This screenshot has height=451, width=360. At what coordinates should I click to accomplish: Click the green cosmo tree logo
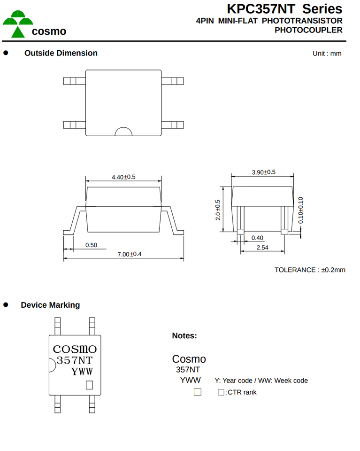point(18,24)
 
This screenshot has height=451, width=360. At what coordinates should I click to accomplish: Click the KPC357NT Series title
point(284,9)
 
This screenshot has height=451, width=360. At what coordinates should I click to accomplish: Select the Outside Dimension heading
point(61,53)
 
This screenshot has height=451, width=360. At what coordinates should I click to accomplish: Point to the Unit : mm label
point(327,54)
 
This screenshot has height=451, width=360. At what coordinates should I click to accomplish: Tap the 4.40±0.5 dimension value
point(123,177)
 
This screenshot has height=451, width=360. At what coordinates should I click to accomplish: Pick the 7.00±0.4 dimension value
point(129,254)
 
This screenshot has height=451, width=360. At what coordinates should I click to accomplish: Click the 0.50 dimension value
point(91,245)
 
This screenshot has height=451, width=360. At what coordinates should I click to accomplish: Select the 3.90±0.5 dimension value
point(263,172)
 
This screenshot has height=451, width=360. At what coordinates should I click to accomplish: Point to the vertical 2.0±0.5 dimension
point(218,210)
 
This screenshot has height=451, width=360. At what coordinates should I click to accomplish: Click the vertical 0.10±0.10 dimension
point(300,210)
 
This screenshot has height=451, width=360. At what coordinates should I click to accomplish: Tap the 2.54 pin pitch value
point(262,248)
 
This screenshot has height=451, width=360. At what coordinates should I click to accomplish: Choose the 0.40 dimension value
point(257,238)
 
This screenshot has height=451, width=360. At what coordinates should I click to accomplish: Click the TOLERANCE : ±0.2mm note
point(310,270)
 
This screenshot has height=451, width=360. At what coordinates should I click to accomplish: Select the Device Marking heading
point(50,305)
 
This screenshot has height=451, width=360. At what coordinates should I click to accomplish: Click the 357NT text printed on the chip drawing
point(75,360)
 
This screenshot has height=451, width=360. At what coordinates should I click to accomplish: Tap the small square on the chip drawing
point(89,385)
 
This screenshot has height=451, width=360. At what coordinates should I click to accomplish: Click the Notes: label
point(184,335)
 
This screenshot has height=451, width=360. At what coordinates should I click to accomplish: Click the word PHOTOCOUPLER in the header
point(308,30)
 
